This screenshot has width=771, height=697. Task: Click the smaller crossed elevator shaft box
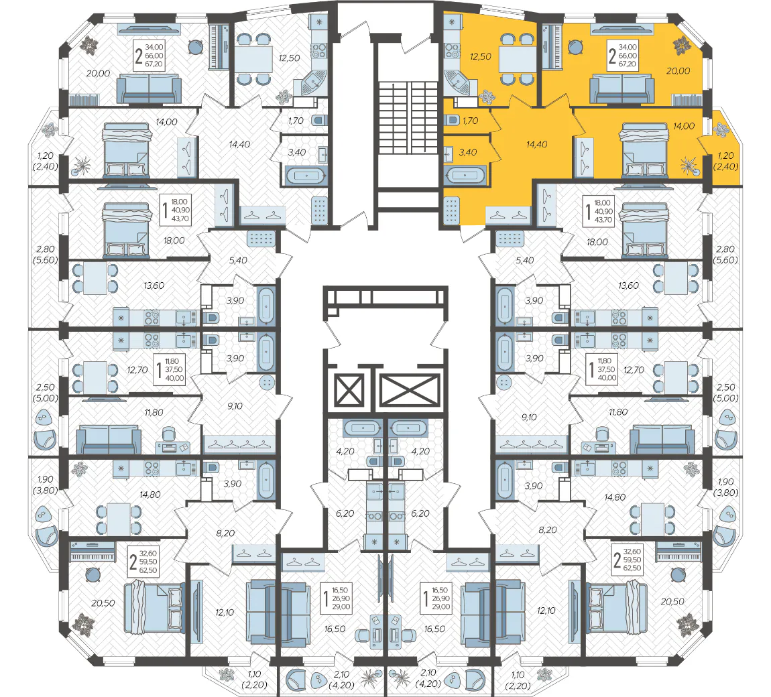click(x=349, y=391)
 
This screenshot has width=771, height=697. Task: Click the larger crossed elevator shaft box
click(x=410, y=391)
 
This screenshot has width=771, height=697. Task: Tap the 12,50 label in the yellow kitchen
click(x=481, y=56)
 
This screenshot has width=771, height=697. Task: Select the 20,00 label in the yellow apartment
click(x=678, y=71)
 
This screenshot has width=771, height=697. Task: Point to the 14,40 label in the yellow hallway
click(x=536, y=145)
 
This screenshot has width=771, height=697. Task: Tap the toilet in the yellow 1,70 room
click(x=452, y=120)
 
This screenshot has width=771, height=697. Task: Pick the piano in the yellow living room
click(x=550, y=47)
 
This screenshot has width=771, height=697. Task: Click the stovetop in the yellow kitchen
click(x=452, y=51)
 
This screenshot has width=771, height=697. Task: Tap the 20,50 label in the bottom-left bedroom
click(x=103, y=603)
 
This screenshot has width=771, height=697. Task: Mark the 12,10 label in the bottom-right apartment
click(x=546, y=611)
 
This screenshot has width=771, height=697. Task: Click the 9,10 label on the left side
click(x=235, y=406)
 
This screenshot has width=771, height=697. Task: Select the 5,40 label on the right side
click(x=525, y=261)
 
